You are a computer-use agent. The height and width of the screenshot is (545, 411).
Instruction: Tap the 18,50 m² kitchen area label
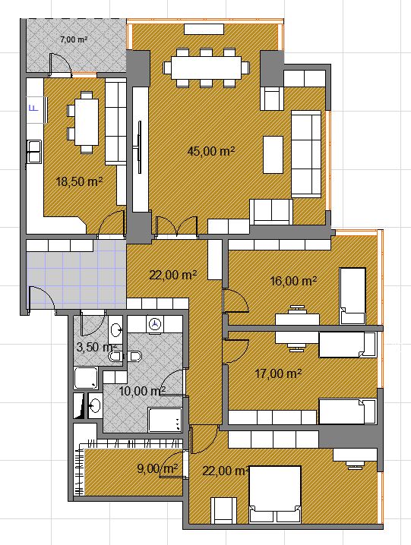pos(79,181)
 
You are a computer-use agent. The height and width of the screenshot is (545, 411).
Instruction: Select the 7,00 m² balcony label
pos(74,39)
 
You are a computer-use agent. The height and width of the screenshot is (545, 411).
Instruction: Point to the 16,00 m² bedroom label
pos(293,281)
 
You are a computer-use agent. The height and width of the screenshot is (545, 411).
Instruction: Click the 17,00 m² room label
pos(278,373)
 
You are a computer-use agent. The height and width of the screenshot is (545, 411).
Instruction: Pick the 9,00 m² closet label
pos(158,468)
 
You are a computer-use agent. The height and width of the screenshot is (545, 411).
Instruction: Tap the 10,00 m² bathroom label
pos(142,391)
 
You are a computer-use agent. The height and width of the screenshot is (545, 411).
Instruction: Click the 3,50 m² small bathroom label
pos(96,347)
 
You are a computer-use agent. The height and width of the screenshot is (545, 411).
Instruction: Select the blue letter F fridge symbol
pos(34,108)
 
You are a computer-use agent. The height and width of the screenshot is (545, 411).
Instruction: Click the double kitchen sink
pos(34,151)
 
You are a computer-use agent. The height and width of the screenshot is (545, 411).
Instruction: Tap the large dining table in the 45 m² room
pos(207,68)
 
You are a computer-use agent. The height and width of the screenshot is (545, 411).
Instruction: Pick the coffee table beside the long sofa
pos(273,154)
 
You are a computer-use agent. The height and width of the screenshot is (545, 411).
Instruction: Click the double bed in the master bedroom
pos(275,494)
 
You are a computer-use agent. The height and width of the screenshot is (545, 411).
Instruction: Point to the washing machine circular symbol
pos(155,324)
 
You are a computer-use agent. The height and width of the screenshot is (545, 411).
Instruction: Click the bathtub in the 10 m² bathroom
pos(165,420)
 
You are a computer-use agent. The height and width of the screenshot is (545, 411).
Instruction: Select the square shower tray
pos(86,378)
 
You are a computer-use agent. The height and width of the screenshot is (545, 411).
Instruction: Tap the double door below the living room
pos(177,227)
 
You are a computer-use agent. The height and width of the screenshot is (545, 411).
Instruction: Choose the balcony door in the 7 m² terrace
pos(60,65)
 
